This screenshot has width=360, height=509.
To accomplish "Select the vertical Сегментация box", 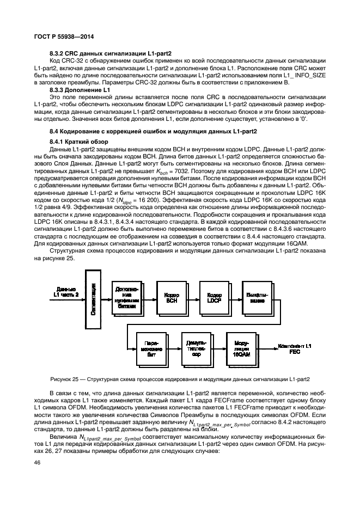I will coord(93,302).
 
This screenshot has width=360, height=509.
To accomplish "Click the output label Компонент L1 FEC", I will coord(294,348).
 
